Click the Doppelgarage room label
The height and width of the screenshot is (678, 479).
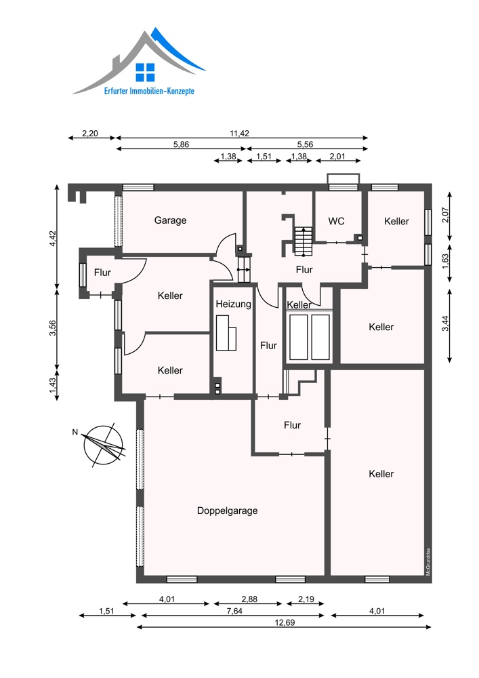pos(227,511)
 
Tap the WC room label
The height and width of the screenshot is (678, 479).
pos(337,221)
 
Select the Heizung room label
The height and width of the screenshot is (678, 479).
pos(233,304)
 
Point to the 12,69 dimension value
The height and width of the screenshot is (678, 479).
pos(285,622)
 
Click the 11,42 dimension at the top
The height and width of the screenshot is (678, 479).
pos(239,133)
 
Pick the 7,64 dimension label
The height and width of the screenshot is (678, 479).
pos(234,611)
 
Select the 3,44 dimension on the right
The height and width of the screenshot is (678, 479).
pos(445,323)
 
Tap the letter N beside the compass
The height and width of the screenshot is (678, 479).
pos(75,432)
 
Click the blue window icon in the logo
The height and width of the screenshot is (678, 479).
pos(145,73)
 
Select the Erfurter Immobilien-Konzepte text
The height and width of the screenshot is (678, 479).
pos(149,92)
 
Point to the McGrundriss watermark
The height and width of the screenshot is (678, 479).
pos(428,561)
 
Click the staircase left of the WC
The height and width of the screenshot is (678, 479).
pos(304,241)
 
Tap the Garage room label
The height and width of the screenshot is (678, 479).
pos(170,220)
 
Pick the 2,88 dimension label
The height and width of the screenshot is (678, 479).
pos(249,599)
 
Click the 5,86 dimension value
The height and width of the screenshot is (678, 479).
pos(181,144)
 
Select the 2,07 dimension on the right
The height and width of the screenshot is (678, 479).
pos(445,215)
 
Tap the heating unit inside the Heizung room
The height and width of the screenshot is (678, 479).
pos(226,333)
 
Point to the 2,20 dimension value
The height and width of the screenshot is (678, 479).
pos(90,133)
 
